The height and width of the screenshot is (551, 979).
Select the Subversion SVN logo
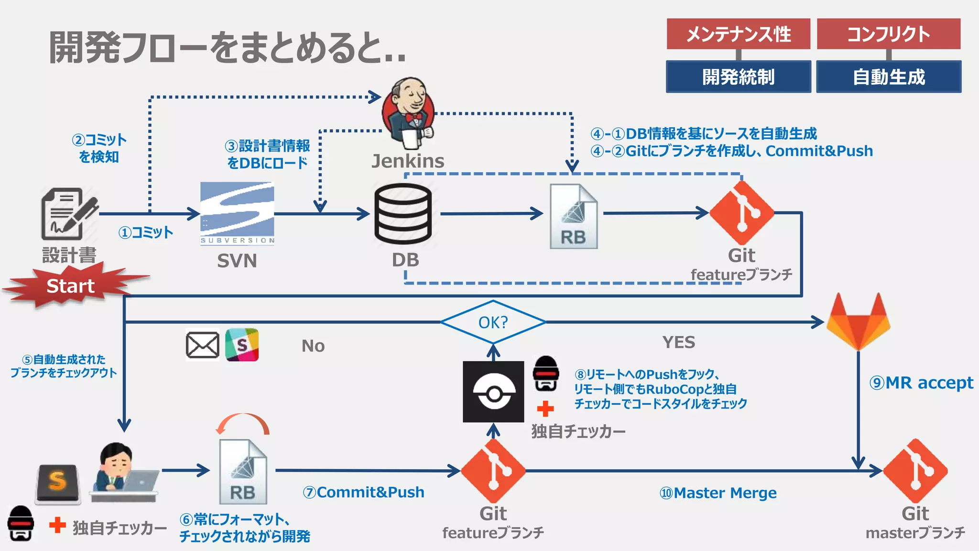[237, 213]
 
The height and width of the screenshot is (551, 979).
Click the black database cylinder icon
[403, 214]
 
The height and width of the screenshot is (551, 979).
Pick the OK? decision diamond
[493, 322]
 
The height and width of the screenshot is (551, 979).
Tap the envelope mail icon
[202, 345]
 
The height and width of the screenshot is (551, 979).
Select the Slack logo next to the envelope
[242, 344]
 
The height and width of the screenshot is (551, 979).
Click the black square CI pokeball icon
[493, 392]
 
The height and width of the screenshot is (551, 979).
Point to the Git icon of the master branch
[915, 471]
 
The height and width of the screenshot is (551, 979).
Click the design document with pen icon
[69, 214]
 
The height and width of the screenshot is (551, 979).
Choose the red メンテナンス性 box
[738, 34]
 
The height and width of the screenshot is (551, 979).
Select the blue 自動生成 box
[889, 77]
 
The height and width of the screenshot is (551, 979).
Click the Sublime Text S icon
[58, 483]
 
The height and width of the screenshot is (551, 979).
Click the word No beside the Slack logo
[313, 346]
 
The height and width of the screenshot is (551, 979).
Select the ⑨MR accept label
[921, 383]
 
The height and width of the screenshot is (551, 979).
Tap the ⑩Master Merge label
[718, 493]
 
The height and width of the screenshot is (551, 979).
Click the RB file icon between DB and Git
[573, 217]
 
